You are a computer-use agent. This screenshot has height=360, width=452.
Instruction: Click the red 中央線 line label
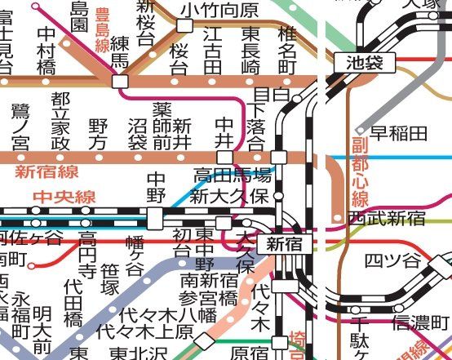64,197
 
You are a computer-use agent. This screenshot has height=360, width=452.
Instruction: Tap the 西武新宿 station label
386,218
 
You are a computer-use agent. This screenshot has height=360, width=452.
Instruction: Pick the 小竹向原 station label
219,10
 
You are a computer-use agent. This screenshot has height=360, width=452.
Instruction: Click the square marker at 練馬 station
121,82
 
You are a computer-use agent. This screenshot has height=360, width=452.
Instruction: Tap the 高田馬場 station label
232,175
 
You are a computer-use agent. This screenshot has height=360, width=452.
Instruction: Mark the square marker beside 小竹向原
184,26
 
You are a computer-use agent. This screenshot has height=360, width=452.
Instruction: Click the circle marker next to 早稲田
360,131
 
